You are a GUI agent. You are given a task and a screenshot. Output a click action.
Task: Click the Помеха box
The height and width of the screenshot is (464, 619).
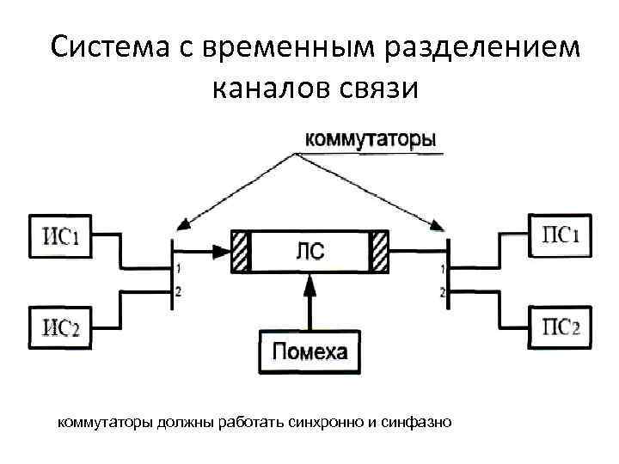coord(310,351)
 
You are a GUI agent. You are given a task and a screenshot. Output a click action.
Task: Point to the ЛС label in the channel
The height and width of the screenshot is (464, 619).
coord(309,251)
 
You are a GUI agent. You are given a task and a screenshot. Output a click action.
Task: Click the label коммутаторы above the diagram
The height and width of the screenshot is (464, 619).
coord(370,139)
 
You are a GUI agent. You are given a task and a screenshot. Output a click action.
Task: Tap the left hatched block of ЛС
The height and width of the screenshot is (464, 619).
coord(240,251)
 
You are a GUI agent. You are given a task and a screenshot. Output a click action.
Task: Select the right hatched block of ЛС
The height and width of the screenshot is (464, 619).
coord(379,251)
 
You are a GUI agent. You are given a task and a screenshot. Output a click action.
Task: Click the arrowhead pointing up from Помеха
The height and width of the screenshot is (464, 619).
coord(310,289)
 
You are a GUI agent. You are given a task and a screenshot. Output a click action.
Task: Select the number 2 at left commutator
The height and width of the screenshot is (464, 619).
coord(178,293)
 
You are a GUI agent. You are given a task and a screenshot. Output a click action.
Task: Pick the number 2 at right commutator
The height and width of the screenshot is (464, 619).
coord(443,293)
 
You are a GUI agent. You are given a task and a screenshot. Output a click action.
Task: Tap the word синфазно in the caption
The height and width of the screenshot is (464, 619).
coord(419,422)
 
